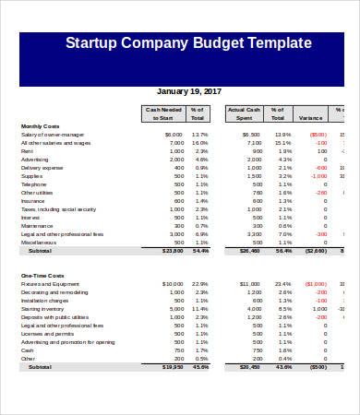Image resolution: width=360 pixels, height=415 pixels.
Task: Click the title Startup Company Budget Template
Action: pyautogui.click(x=188, y=44)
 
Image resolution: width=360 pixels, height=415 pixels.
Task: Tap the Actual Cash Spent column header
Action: pyautogui.click(x=244, y=113)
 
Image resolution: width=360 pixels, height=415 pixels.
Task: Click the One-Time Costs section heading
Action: pyautogui.click(x=40, y=276)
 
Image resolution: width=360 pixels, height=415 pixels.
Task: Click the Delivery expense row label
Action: pyautogui.click(x=42, y=168)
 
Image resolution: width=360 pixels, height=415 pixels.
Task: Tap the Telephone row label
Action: pyautogui.click(x=34, y=184)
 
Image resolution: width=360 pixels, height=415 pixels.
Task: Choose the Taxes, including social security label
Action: pyautogui.click(x=62, y=209)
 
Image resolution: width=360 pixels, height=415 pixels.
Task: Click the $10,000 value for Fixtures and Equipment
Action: pyautogui.click(x=173, y=284)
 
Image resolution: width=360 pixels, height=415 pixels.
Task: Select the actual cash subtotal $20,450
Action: pyautogui.click(x=250, y=367)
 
